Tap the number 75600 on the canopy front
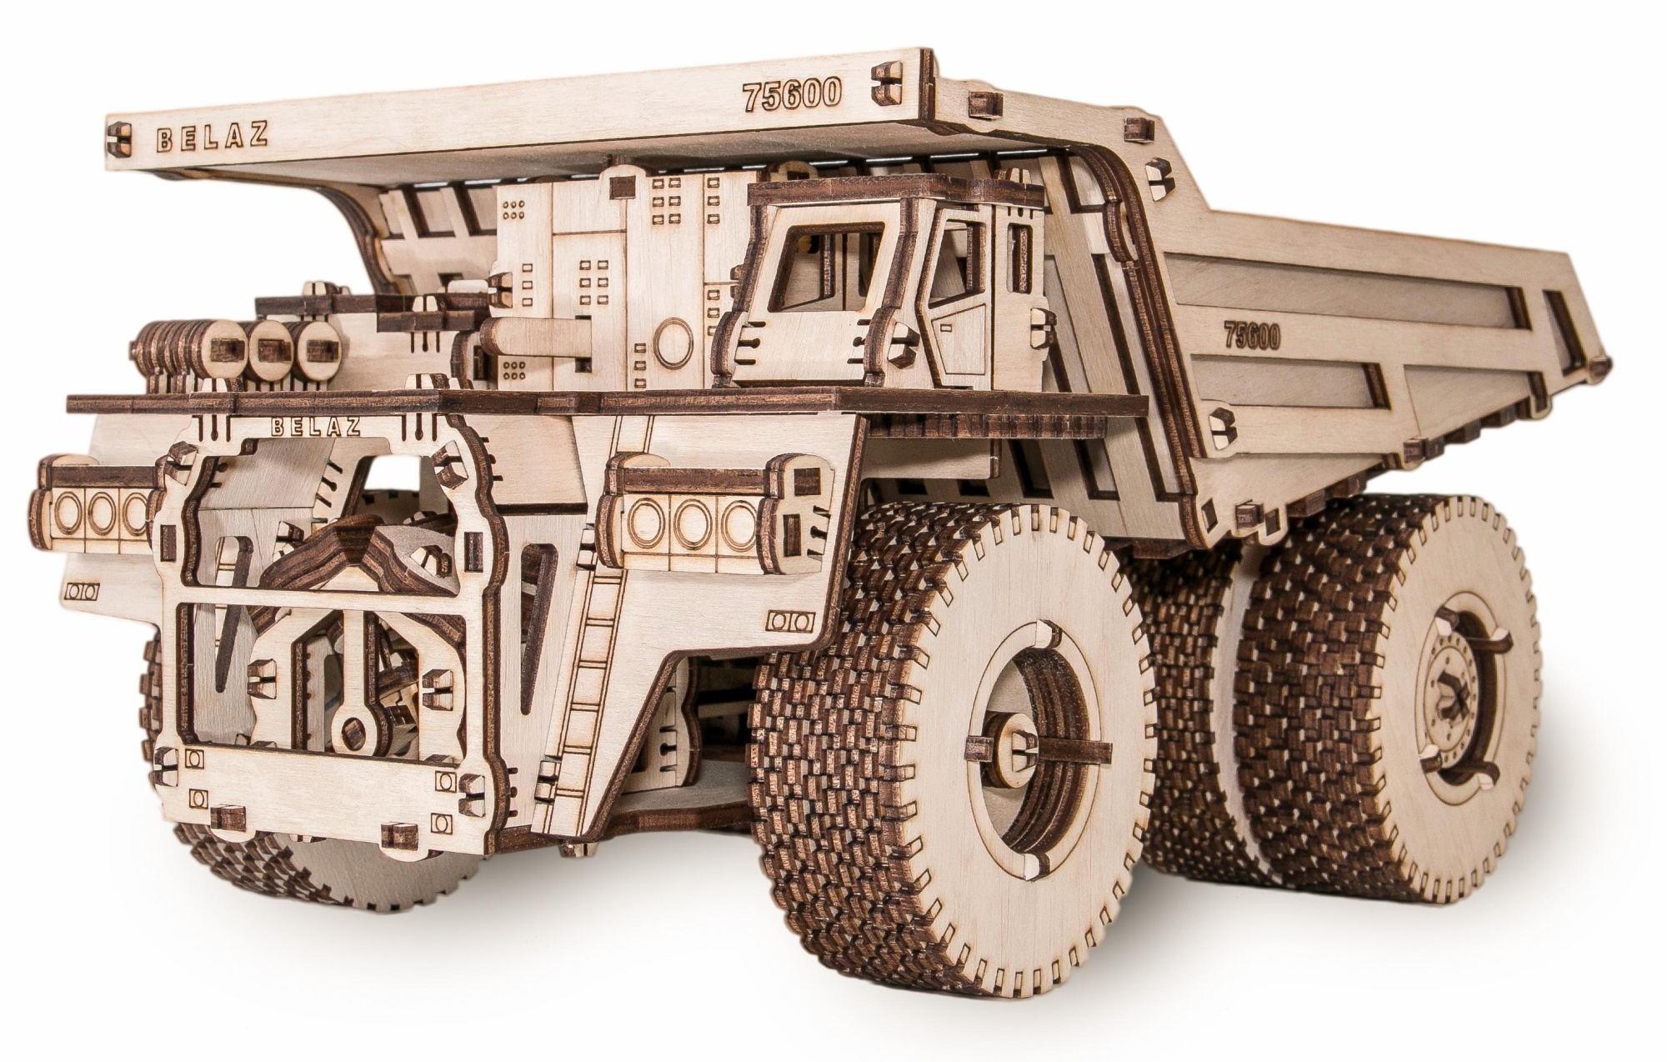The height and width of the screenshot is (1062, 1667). point(792,96)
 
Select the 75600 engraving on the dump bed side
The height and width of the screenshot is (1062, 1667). point(1251,335)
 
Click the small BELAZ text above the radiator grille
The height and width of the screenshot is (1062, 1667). point(316,428)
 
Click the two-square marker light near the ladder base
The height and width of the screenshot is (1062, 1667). point(787,621)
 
